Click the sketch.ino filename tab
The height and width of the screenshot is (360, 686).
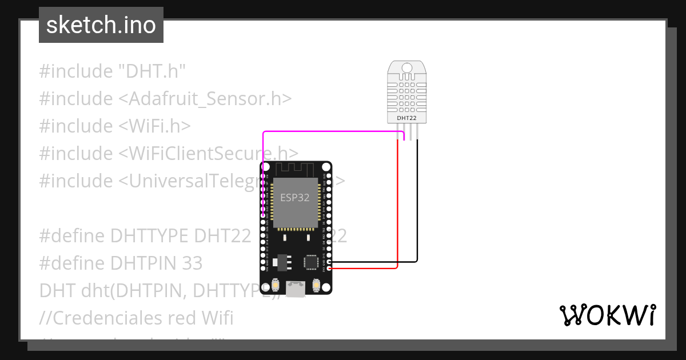point(101,25)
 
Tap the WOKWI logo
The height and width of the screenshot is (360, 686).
point(607,315)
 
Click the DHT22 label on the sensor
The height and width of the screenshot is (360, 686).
point(406,118)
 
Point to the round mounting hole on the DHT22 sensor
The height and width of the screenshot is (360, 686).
point(406,68)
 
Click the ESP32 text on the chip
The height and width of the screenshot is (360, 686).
point(296,198)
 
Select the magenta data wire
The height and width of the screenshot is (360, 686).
point(332,132)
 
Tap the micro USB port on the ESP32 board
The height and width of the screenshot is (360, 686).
point(296,290)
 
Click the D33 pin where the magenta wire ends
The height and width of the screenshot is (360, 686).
point(263,215)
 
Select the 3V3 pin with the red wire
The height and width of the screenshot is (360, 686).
point(329,267)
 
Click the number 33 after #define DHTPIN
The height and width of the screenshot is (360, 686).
point(192,263)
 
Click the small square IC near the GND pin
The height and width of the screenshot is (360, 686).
point(311,262)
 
